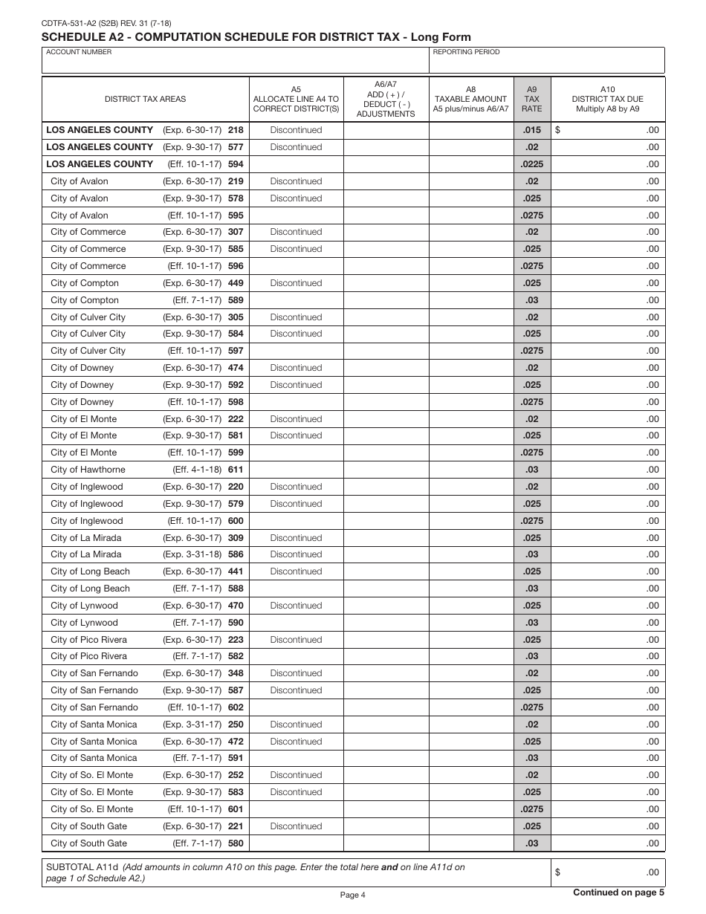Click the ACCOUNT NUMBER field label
click(x=79, y=52)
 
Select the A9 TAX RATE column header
click(x=532, y=99)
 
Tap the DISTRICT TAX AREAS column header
click(x=145, y=99)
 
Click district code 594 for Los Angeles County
click(x=236, y=164)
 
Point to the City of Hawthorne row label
click(x=88, y=470)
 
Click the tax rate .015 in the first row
click(x=532, y=130)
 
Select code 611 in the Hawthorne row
click(x=236, y=470)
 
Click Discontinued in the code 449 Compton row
click(x=296, y=283)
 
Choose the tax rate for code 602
click(x=532, y=707)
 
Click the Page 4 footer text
click(x=352, y=895)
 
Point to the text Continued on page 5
click(x=618, y=893)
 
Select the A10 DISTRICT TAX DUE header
click(x=607, y=99)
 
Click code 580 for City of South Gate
click(x=236, y=843)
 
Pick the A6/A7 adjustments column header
click(x=386, y=99)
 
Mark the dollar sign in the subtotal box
click(x=557, y=872)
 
